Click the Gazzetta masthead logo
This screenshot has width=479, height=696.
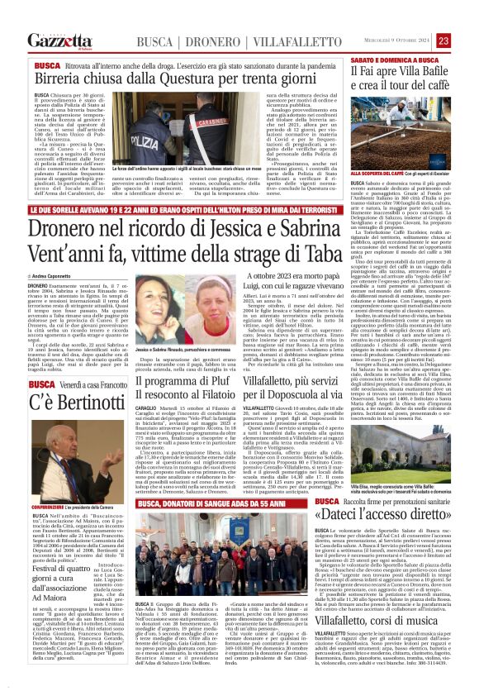click(59, 41)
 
